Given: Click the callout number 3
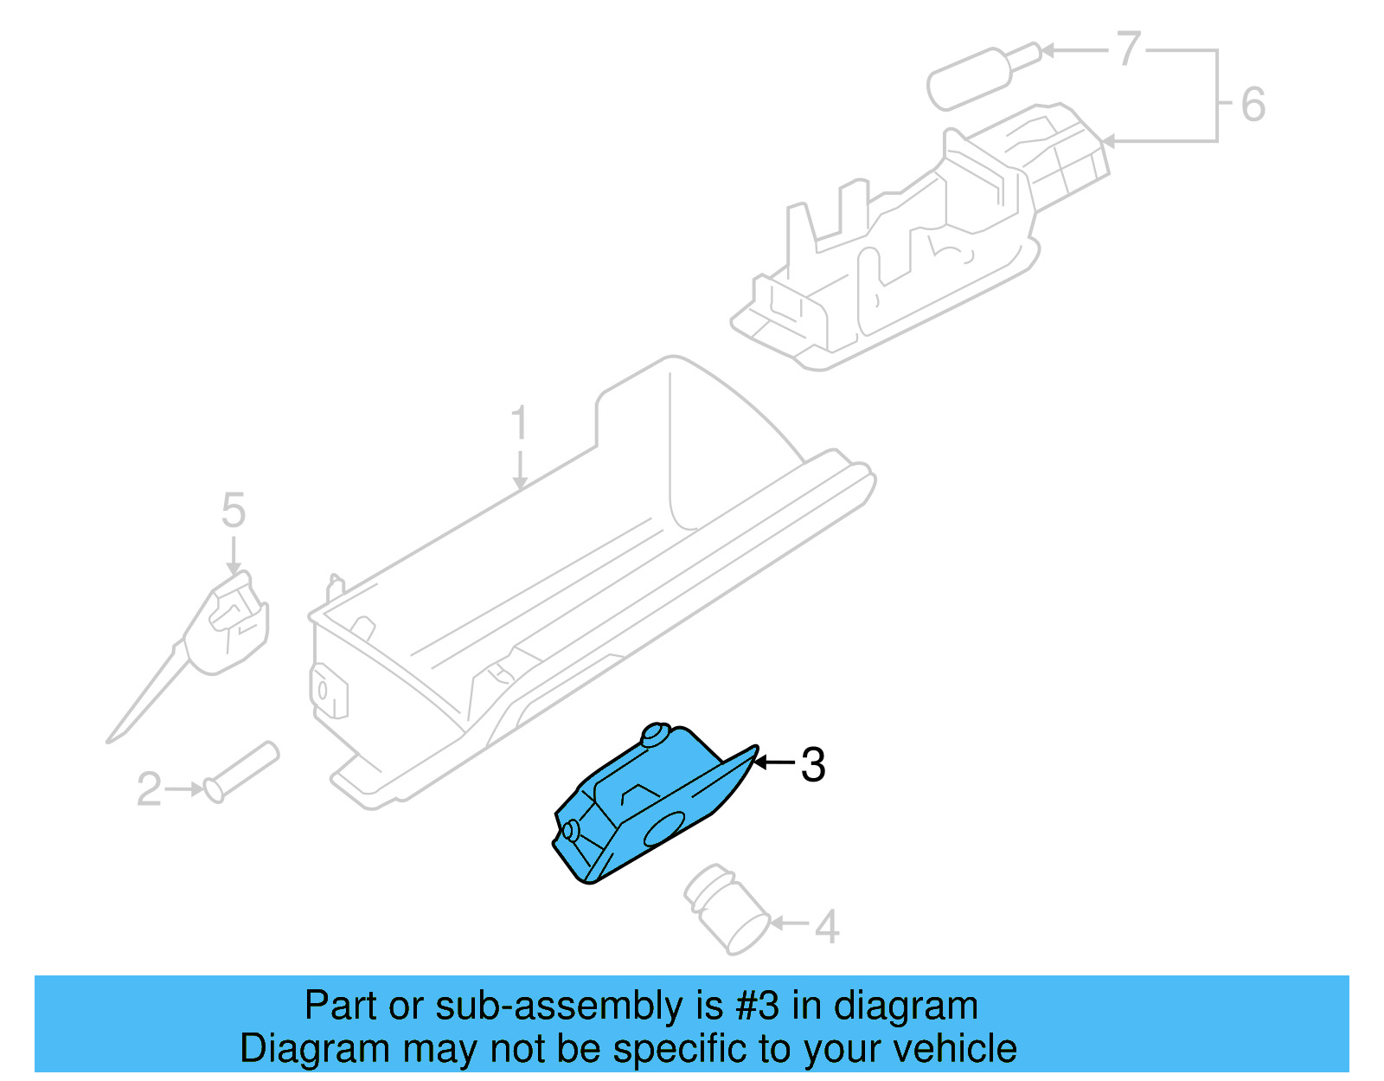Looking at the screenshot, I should [x=813, y=765].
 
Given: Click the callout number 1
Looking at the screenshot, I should [x=518, y=424].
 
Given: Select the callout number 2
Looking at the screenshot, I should [x=149, y=789].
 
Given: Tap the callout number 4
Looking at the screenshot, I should [x=827, y=926].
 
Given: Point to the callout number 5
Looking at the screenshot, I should [x=234, y=511].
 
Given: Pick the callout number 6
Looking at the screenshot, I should [x=1253, y=105].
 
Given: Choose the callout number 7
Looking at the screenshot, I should [x=1128, y=49].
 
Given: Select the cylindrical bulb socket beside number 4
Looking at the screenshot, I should [x=727, y=909].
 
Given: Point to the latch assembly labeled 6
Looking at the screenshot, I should [x=908, y=251].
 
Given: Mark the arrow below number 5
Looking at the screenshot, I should [x=234, y=554].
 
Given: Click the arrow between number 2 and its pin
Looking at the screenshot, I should [x=183, y=789].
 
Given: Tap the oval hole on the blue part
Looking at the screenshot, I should [x=664, y=829].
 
